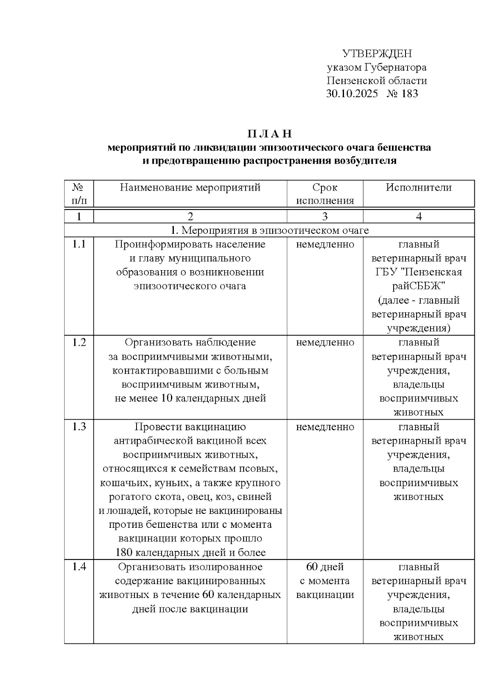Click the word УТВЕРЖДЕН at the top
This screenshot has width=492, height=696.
[377, 54]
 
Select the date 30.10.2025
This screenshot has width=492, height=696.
[352, 94]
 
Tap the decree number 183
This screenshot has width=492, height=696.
[410, 94]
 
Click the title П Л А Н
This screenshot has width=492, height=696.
[269, 134]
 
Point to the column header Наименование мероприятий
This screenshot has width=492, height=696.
[190, 187]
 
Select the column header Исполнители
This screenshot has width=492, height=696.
[419, 187]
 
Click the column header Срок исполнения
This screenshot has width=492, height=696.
[325, 194]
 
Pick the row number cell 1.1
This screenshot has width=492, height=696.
[79, 244]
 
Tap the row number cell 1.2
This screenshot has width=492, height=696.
[79, 342]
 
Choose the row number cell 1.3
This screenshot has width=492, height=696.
[79, 427]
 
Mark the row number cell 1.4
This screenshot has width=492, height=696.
[79, 567]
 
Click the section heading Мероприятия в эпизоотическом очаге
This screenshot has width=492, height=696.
[269, 230]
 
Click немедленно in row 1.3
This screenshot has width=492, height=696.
[325, 427]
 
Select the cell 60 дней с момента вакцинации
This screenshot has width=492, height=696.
[325, 581]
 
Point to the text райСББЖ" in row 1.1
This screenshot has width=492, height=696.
[419, 286]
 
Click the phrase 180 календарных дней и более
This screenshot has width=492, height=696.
[190, 552]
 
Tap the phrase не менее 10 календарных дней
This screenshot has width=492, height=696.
[190, 398]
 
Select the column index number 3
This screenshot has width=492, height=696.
[325, 216]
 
